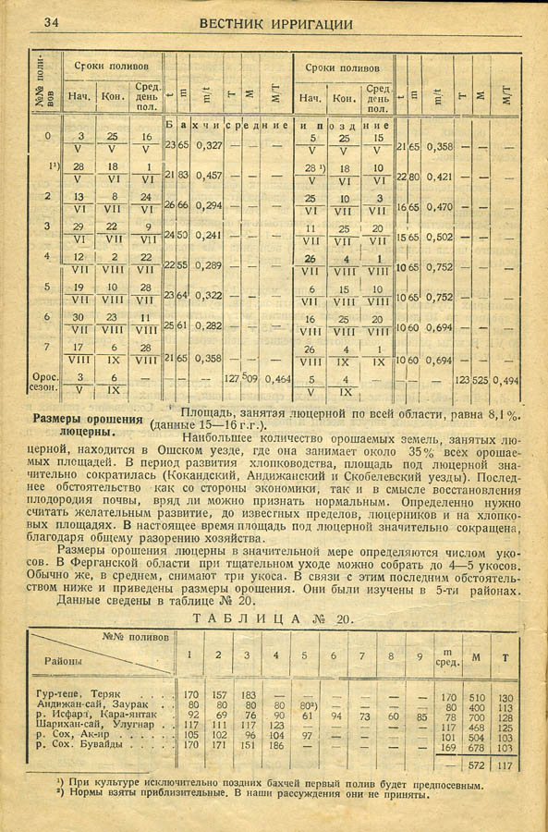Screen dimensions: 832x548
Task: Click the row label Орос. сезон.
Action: [x=45, y=383]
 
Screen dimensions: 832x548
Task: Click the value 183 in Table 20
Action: [x=248, y=696]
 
